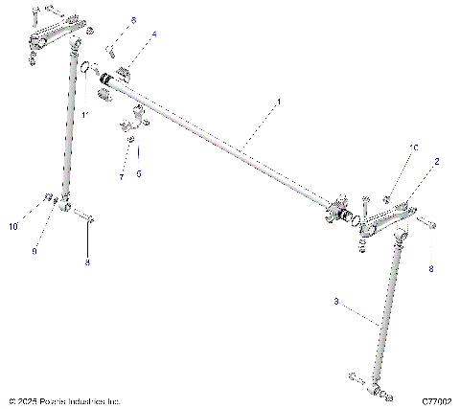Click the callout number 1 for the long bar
(279, 101)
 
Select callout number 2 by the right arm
(436, 163)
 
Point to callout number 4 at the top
(154, 34)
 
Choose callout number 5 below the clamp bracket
(138, 174)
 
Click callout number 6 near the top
(133, 19)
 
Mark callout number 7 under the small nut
(122, 177)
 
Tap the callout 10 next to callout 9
(13, 227)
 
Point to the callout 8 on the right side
(430, 270)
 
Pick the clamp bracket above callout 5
(133, 123)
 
